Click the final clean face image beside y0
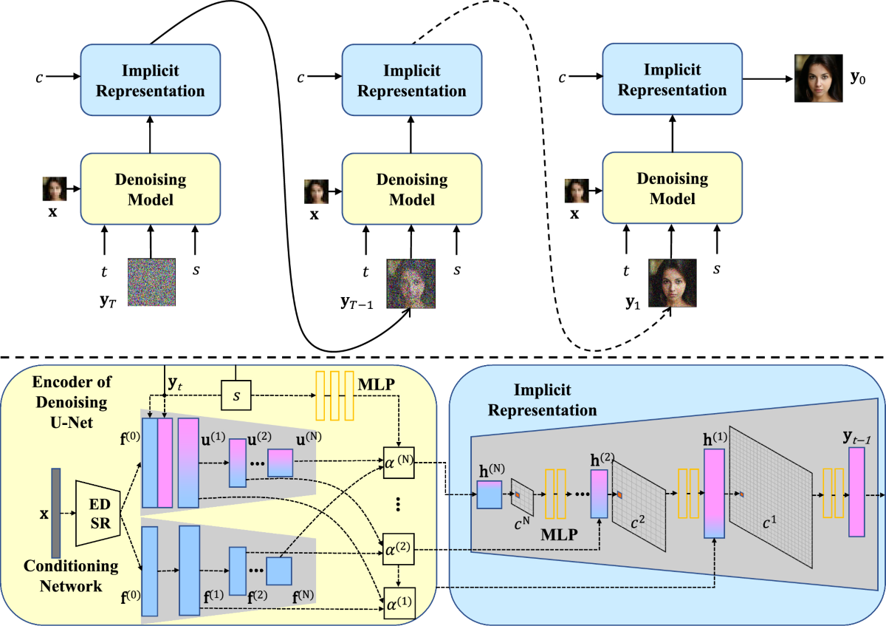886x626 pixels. [x=818, y=78]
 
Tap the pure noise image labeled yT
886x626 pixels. [x=151, y=282]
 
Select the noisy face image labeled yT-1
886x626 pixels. [x=411, y=284]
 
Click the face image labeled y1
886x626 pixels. [x=673, y=283]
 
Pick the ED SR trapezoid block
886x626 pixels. [x=98, y=513]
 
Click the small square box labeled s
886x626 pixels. [x=236, y=395]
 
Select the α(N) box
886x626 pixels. [x=399, y=463]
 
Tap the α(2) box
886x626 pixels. [x=398, y=549]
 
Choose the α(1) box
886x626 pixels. [x=399, y=603]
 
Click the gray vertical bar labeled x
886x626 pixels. [x=56, y=513]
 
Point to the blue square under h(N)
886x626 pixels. [x=490, y=494]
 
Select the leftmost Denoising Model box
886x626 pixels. [x=151, y=189]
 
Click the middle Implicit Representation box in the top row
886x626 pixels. [x=412, y=80]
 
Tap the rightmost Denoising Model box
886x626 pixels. [x=672, y=188]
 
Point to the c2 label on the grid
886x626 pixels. [x=637, y=523]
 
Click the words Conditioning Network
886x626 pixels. [x=71, y=576]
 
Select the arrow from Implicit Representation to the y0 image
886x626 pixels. [x=768, y=79]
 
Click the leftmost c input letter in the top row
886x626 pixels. [x=39, y=77]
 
